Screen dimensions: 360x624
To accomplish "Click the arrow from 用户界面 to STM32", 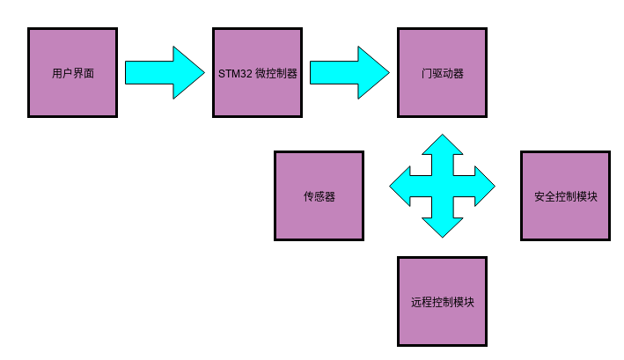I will point(164,72).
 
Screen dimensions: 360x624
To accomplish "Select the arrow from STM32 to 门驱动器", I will point(349,72).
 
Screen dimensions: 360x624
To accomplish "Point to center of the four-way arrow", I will point(442,186).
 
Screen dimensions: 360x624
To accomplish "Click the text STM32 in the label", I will point(235,73).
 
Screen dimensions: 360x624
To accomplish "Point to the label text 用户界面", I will point(72,73).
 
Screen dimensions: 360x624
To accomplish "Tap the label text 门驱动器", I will point(442,73).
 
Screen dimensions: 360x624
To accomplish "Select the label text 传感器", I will point(319,196).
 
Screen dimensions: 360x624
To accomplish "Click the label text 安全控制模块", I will point(565,196).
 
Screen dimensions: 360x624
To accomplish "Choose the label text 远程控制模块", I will point(442,302).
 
